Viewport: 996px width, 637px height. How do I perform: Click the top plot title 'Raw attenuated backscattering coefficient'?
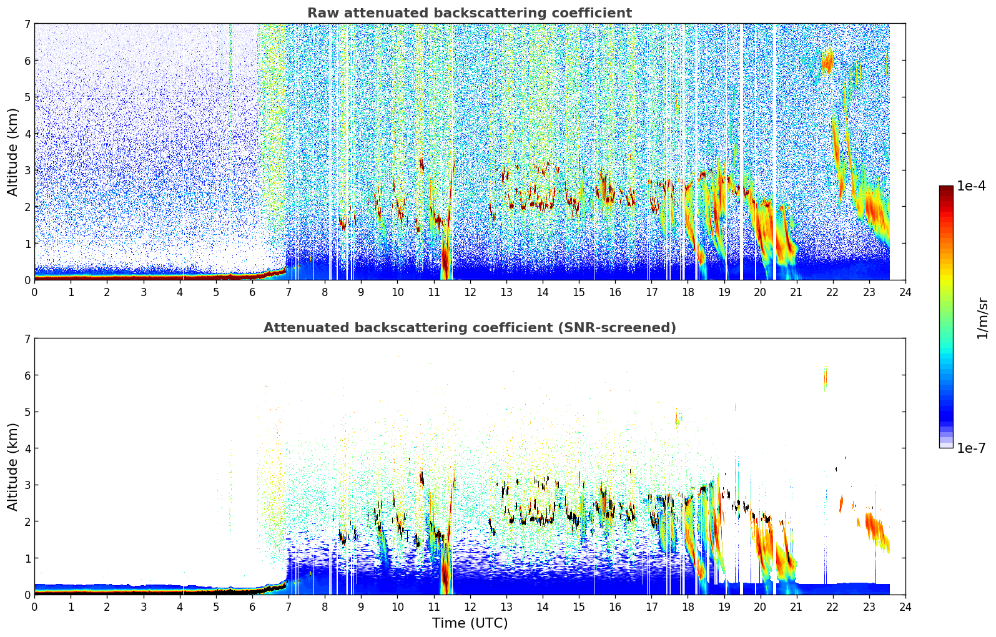[470, 13]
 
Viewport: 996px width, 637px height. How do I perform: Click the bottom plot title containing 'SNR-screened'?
[470, 327]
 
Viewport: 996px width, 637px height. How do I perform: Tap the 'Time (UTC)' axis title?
[470, 623]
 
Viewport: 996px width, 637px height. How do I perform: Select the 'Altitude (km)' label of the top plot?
[12, 152]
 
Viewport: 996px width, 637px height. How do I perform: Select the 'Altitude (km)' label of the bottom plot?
[12, 467]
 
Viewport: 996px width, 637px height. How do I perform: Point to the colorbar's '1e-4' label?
[971, 186]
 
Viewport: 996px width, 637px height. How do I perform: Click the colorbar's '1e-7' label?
[971, 448]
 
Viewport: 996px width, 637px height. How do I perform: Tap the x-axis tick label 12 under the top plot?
[470, 292]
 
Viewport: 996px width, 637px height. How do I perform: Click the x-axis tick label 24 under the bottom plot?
[905, 607]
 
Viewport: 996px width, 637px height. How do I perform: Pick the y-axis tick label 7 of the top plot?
[27, 24]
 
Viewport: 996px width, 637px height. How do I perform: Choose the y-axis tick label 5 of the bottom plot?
[27, 412]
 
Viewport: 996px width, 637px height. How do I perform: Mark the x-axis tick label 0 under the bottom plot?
[35, 607]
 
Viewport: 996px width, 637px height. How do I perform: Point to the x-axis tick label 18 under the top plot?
[688, 292]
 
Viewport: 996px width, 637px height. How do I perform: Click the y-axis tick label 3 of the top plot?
[27, 170]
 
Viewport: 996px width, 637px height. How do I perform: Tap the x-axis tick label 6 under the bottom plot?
[252, 607]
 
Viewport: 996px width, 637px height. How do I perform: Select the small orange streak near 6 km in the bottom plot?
[826, 378]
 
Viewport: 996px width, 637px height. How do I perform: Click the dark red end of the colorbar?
[946, 189]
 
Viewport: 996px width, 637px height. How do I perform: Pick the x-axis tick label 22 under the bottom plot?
[832, 607]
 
